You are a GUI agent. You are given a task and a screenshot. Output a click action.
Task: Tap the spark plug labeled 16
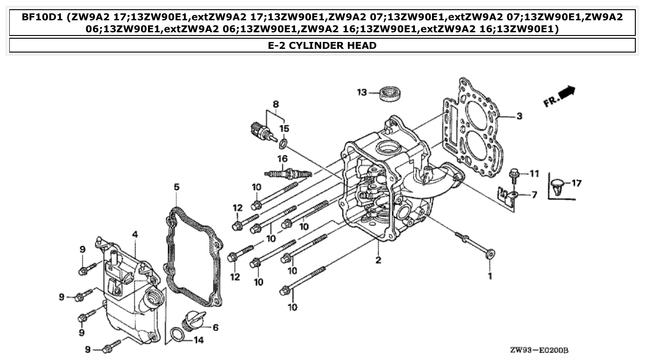pyautogui.click(x=288, y=174)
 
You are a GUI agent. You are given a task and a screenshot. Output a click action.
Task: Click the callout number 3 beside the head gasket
pyautogui.click(x=519, y=116)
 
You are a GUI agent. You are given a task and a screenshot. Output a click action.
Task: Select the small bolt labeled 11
pyautogui.click(x=514, y=174)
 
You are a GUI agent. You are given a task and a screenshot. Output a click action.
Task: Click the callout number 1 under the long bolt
pyautogui.click(x=490, y=276)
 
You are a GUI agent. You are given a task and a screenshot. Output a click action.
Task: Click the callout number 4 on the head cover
pyautogui.click(x=135, y=235)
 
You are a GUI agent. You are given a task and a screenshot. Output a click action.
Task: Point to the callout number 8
pyautogui.click(x=276, y=104)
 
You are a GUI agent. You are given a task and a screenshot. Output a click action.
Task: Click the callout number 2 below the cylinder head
pyautogui.click(x=378, y=260)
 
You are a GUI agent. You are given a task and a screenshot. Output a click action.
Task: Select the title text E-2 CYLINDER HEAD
pyautogui.click(x=322, y=45)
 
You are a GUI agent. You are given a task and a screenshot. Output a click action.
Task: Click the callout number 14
pyautogui.click(x=198, y=341)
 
